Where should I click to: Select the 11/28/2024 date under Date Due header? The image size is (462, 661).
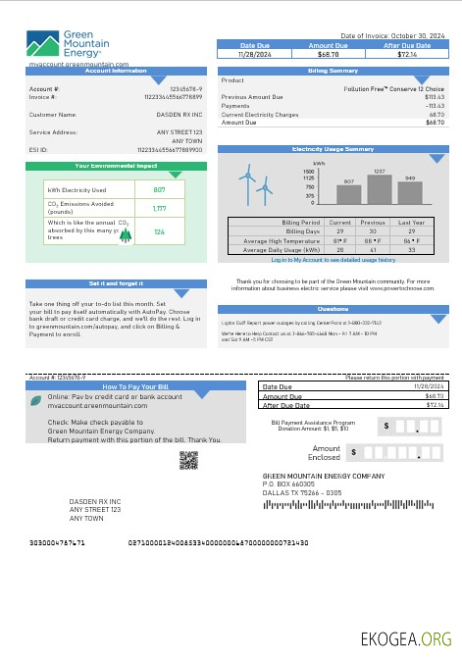click(x=254, y=54)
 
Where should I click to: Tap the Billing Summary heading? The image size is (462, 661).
click(x=333, y=72)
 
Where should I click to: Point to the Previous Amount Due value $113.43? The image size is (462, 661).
click(x=435, y=97)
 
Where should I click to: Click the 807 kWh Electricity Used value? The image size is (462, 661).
click(x=159, y=189)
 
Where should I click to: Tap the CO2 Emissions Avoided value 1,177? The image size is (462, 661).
click(x=159, y=208)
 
